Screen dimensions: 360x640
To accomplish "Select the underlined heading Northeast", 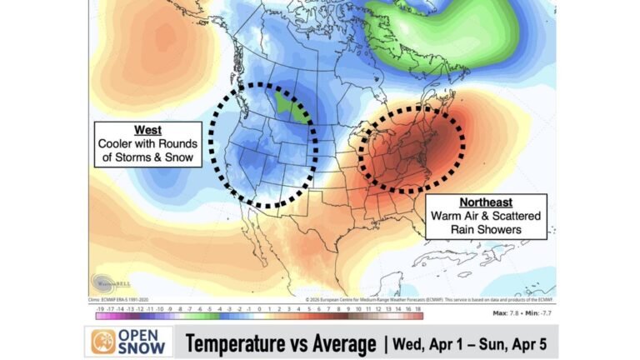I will click(487, 202).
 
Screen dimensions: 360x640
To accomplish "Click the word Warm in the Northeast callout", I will click(449, 216).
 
